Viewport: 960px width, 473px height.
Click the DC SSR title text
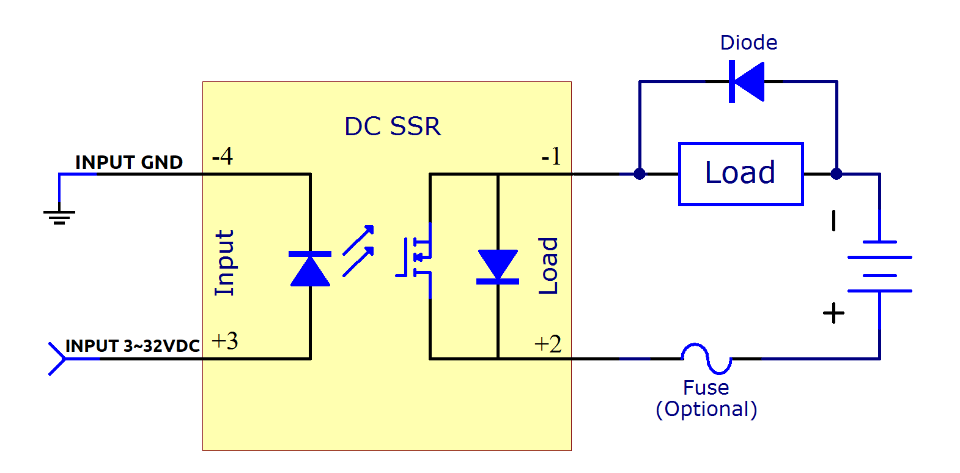[393, 127]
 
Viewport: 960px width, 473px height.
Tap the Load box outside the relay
[740, 174]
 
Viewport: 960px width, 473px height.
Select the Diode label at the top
[748, 43]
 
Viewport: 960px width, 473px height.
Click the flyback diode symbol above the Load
[747, 81]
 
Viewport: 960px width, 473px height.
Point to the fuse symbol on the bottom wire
[706, 359]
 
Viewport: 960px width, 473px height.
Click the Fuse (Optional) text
[706, 398]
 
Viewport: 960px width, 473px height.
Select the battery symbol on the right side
[879, 266]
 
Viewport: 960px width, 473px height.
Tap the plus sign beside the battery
[833, 313]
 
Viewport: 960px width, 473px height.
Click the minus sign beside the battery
[834, 221]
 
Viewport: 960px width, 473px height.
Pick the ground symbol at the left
[59, 215]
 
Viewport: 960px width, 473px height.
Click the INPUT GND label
[129, 162]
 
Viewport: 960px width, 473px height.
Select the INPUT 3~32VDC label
[133, 346]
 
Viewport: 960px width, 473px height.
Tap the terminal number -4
[222, 157]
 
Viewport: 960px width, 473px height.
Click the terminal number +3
[224, 341]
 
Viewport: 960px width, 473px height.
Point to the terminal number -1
[551, 157]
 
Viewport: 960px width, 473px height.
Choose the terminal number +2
[548, 344]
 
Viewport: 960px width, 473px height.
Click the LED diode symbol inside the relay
[310, 269]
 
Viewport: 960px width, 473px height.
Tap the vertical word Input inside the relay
[224, 263]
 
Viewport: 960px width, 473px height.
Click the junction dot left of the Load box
[640, 174]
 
